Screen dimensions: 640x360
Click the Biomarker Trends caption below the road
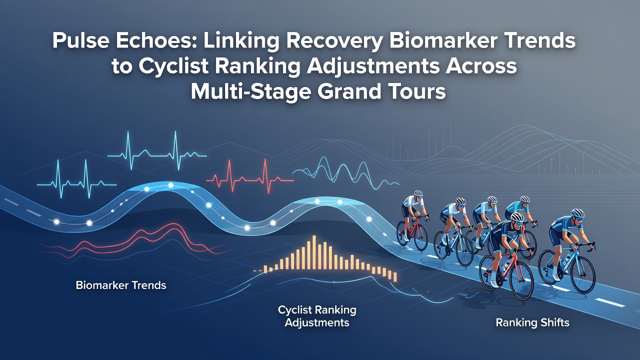(x=121, y=285)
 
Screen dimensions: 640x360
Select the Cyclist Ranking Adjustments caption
(x=317, y=316)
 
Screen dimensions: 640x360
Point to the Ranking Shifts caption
(x=532, y=323)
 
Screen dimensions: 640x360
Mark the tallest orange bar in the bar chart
(x=314, y=252)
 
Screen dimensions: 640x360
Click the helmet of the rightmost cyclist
(x=577, y=213)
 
